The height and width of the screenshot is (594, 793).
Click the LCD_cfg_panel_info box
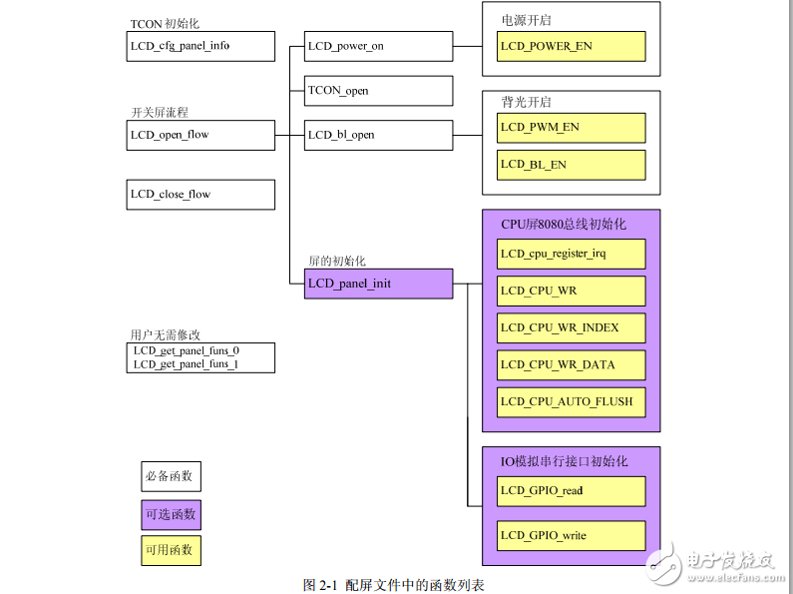[200, 46]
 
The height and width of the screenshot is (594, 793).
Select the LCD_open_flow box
[200, 135]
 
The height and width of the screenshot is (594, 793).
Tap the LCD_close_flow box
[200, 194]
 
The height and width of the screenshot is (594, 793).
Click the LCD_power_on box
[378, 46]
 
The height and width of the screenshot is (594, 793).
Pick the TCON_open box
[378, 90]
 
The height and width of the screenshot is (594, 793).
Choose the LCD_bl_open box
[378, 135]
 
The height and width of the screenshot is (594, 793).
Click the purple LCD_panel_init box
[378, 284]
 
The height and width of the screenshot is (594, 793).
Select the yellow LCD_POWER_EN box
[571, 46]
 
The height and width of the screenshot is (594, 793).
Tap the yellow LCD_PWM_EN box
[571, 128]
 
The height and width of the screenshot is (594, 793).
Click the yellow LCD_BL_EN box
[571, 165]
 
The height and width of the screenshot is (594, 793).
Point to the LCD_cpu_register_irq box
[571, 254]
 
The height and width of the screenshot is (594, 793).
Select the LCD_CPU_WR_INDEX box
[571, 327]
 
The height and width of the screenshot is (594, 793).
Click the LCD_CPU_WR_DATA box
[571, 364]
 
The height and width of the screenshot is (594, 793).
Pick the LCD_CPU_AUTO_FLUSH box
[571, 402]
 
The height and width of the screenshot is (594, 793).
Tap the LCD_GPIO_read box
[571, 490]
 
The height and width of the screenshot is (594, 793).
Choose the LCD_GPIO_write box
[571, 535]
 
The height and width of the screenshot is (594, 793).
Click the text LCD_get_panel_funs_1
[187, 364]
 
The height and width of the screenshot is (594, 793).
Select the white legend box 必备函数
[171, 476]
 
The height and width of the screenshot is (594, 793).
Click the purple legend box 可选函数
[171, 514]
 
